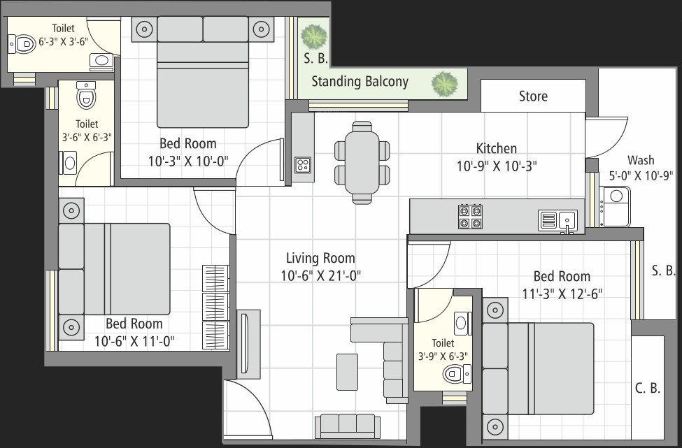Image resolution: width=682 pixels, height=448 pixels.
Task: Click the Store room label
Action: [533, 96]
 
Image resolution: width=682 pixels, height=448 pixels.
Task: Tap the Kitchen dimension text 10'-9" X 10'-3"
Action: [497, 166]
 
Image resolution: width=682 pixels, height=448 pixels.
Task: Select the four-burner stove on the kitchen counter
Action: [470, 217]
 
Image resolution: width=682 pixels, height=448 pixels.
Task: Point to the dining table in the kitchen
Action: [362, 162]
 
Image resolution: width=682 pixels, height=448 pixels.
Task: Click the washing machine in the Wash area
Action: [615, 206]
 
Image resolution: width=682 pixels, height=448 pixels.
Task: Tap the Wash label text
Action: [641, 160]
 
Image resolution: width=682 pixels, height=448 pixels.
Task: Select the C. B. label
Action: [648, 388]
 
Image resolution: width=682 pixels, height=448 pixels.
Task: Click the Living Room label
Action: [320, 258]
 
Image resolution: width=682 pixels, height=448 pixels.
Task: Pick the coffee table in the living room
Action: [347, 372]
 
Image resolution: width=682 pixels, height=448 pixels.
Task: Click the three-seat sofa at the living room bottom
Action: [348, 426]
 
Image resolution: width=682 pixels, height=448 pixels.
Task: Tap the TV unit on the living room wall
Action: [248, 344]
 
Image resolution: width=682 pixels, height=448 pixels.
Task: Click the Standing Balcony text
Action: [360, 82]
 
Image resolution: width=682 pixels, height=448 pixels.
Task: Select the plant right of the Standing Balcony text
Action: [444, 84]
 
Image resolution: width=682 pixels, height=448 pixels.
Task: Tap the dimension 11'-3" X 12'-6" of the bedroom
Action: [562, 294]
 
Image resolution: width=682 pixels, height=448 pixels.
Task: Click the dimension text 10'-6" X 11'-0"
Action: [134, 342]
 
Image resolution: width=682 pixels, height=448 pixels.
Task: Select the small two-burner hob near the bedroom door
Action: [303, 165]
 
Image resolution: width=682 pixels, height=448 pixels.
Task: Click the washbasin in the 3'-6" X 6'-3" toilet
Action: [69, 163]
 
